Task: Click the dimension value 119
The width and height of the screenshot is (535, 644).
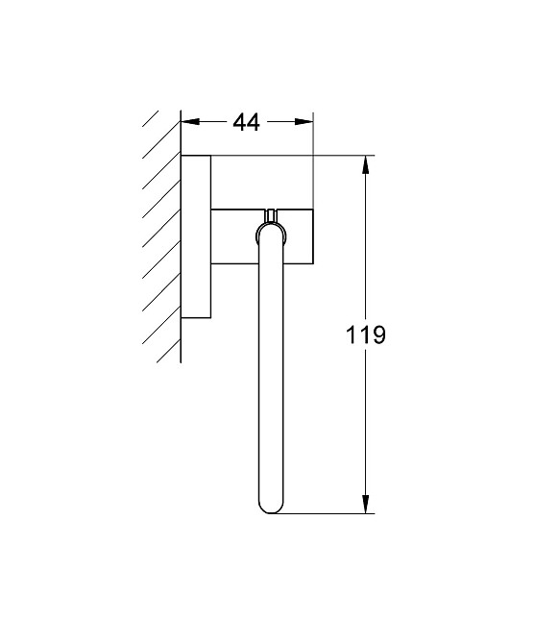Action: pyautogui.click(x=366, y=335)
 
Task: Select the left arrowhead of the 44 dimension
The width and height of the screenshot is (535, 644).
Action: pyautogui.click(x=189, y=122)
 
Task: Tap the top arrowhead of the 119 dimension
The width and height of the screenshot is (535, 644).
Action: pyautogui.click(x=366, y=164)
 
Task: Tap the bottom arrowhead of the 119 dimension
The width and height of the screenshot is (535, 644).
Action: pyautogui.click(x=366, y=504)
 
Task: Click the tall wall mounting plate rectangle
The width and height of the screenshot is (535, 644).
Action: pyautogui.click(x=196, y=235)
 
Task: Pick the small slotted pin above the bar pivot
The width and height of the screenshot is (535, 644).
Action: pyautogui.click(x=272, y=213)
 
